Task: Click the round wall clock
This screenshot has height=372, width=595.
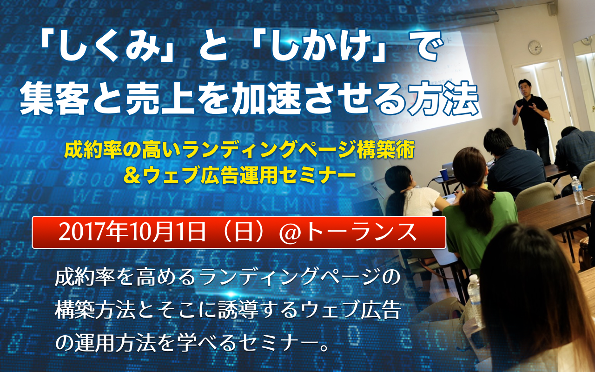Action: [535, 47]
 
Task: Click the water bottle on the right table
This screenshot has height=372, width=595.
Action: [577, 190]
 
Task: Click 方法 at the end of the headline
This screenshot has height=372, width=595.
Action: [444, 98]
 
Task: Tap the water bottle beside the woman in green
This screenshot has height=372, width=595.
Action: [475, 290]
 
